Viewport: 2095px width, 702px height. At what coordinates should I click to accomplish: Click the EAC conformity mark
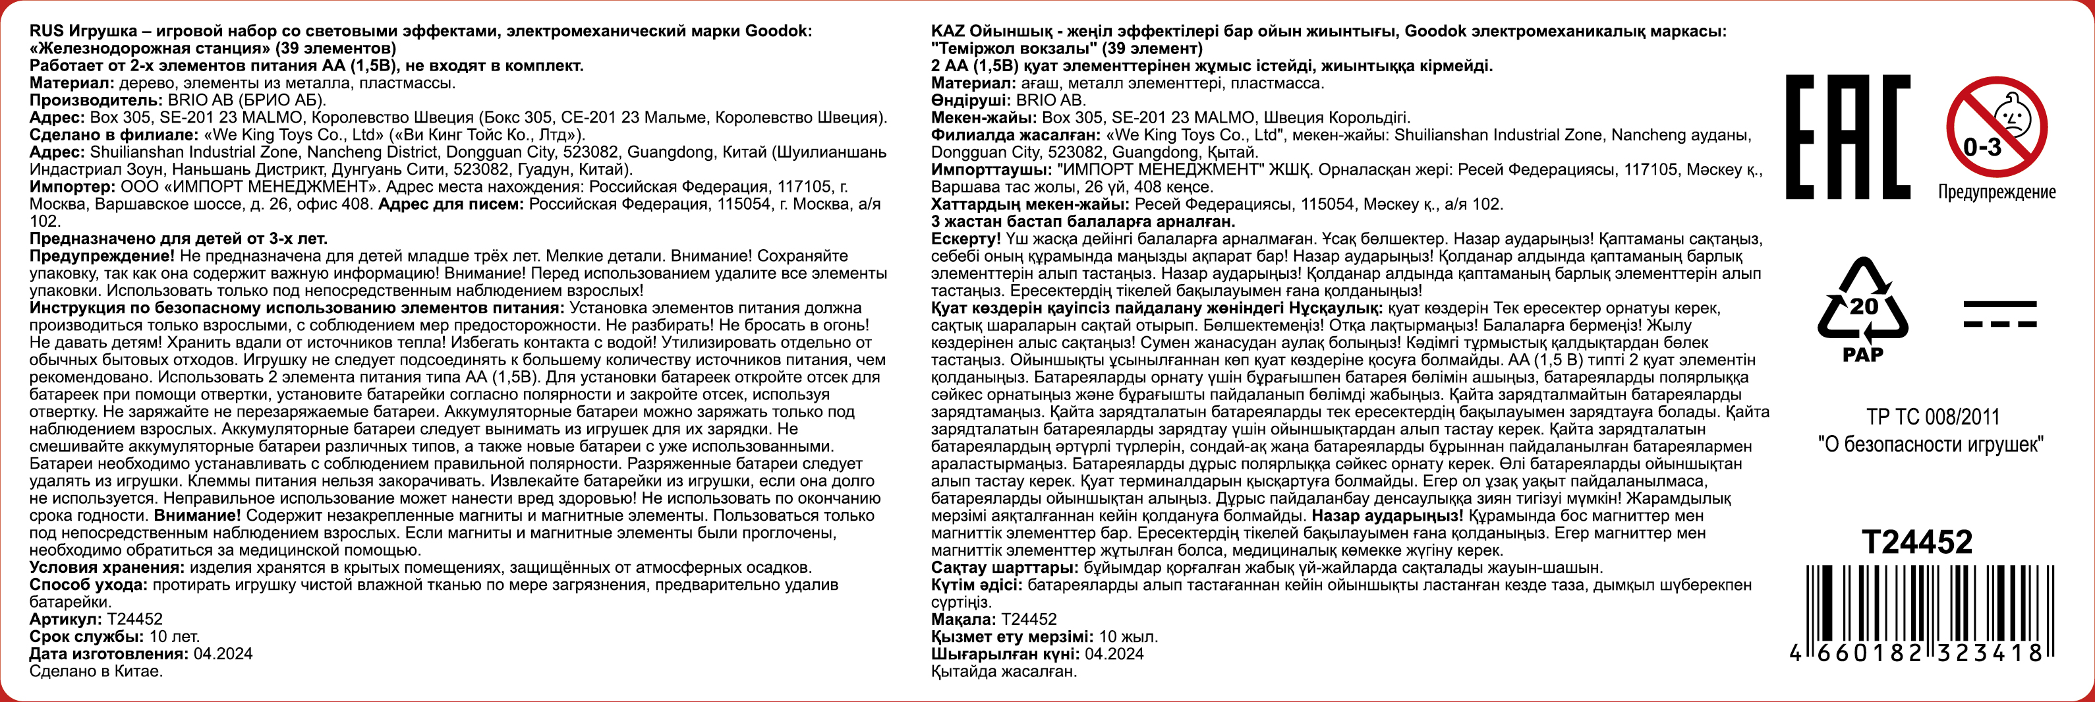point(1847,136)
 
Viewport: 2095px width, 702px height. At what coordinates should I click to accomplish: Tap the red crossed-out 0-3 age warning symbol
point(1997,127)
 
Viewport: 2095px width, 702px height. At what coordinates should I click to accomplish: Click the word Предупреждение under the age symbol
point(1997,192)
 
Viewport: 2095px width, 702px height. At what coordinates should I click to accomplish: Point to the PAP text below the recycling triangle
point(1862,355)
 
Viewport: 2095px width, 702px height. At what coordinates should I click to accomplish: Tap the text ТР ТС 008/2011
point(1932,417)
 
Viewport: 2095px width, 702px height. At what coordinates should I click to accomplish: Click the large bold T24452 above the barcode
point(1917,542)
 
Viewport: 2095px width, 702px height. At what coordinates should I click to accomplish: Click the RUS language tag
point(46,31)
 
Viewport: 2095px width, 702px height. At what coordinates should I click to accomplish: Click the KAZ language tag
point(948,31)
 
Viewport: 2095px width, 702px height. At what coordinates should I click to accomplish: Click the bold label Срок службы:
point(86,636)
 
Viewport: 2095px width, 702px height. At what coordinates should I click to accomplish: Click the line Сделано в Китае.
point(96,671)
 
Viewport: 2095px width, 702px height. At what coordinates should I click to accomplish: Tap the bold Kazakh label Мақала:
point(963,619)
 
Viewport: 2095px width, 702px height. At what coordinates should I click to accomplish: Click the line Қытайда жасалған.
point(1004,671)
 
